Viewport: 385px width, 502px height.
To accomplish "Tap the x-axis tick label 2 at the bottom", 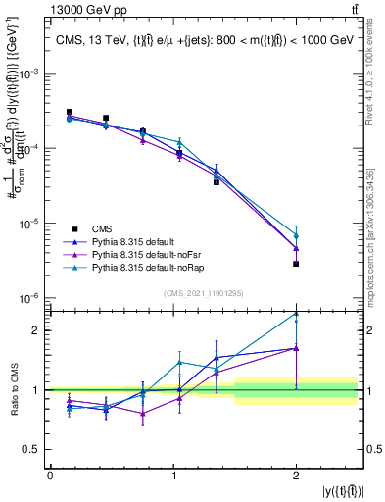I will point(296,476).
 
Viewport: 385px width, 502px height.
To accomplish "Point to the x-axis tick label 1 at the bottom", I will point(173,476).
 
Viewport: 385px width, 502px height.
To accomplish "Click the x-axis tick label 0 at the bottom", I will point(50,476).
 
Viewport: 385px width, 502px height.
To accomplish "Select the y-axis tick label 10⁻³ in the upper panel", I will point(31,75).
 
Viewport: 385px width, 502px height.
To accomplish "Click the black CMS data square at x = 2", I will point(296,264).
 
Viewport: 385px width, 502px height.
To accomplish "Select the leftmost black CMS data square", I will point(69,112).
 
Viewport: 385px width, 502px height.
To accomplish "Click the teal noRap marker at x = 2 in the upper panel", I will point(296,236).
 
